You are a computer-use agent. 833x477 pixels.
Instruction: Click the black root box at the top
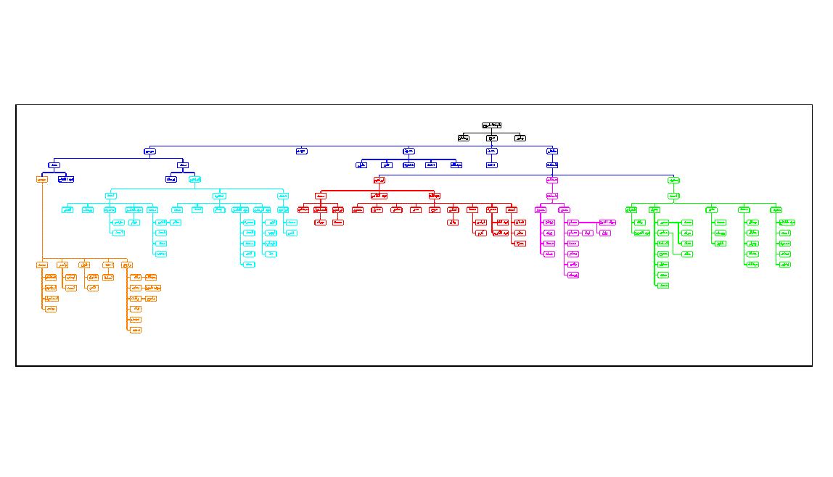click(491, 125)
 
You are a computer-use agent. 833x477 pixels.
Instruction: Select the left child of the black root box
click(464, 138)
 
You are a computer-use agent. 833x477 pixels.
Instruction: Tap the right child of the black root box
click(520, 138)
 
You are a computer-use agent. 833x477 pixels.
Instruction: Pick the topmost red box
click(379, 180)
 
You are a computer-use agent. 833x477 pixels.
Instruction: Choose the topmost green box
click(674, 180)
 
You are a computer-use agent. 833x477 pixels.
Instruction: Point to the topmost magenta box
click(552, 180)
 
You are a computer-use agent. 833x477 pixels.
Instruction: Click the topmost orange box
click(42, 179)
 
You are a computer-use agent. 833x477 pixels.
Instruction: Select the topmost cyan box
click(195, 179)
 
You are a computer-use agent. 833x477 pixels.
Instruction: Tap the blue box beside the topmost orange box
click(66, 179)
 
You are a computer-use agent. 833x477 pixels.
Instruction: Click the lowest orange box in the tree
click(136, 330)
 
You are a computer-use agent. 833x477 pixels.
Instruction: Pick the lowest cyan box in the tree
click(249, 265)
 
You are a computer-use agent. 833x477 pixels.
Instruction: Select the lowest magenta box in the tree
click(573, 275)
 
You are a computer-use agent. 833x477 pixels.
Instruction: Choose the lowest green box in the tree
click(662, 286)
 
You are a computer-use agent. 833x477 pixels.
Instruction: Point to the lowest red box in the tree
click(520, 243)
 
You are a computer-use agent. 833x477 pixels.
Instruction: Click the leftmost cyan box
click(67, 210)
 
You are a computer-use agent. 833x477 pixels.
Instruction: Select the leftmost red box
click(303, 210)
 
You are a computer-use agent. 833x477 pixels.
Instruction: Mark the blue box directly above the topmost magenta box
click(552, 165)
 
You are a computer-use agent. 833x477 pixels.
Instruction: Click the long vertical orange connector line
click(42, 225)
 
